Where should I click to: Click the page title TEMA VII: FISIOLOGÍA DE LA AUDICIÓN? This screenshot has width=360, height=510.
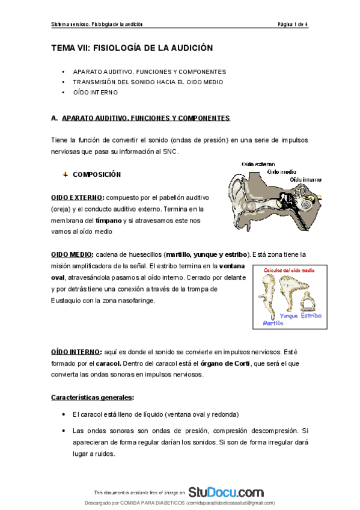tap(132, 47)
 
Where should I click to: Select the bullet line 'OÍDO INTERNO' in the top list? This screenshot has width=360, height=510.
tap(95, 93)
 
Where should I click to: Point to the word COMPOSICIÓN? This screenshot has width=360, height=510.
tap(97, 175)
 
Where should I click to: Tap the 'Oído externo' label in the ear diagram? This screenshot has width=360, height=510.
tap(258, 164)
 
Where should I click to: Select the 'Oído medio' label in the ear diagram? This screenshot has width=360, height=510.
tap(282, 171)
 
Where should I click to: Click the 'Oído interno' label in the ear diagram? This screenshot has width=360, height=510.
tap(305, 179)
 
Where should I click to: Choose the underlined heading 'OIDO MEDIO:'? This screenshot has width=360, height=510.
tap(72, 254)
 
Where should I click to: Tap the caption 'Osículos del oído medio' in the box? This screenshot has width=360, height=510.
tap(290, 270)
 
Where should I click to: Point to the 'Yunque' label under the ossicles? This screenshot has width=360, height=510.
tap(289, 316)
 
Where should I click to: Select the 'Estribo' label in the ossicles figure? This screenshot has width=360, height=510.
tap(311, 315)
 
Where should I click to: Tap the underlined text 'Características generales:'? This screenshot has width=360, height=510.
tap(93, 398)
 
